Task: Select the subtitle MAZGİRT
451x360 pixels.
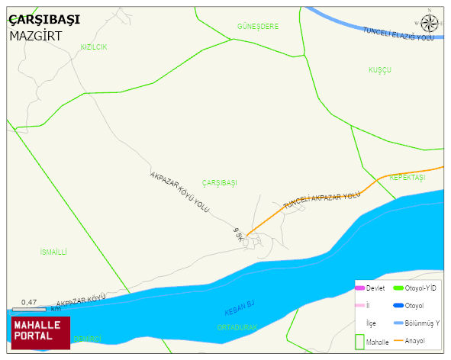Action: pyautogui.click(x=35, y=36)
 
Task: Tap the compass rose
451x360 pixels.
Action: pyautogui.click(x=430, y=23)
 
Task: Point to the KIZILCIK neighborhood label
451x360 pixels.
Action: pyautogui.click(x=94, y=47)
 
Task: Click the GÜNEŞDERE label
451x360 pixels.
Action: pyautogui.click(x=257, y=27)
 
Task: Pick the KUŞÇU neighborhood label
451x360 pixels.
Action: pyautogui.click(x=379, y=69)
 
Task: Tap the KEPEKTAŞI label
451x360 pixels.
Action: pyautogui.click(x=407, y=177)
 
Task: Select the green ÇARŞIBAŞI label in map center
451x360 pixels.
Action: pyautogui.click(x=220, y=183)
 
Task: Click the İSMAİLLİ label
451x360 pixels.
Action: pyautogui.click(x=53, y=251)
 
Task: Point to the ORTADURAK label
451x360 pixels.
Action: pyautogui.click(x=237, y=327)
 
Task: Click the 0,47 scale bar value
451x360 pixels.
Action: pyautogui.click(x=30, y=302)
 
